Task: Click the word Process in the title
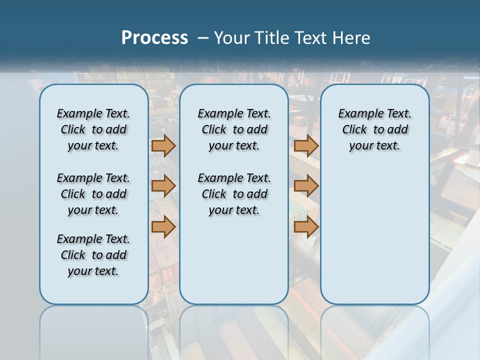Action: (x=154, y=37)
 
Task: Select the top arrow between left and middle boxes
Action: (x=163, y=145)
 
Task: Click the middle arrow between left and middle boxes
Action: (x=163, y=186)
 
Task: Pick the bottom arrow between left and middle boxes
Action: (x=163, y=226)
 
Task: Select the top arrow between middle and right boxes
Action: (x=306, y=145)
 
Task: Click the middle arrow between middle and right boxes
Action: (x=306, y=186)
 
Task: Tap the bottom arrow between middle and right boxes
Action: (x=306, y=226)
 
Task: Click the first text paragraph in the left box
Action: (x=93, y=129)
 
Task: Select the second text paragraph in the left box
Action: (x=93, y=194)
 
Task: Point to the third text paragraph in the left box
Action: (x=93, y=255)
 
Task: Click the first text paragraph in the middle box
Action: (x=234, y=129)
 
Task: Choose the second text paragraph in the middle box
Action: (x=234, y=194)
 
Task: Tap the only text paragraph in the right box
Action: (x=374, y=129)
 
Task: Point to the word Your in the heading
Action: (x=232, y=38)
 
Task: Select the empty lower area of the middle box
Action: (x=234, y=260)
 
